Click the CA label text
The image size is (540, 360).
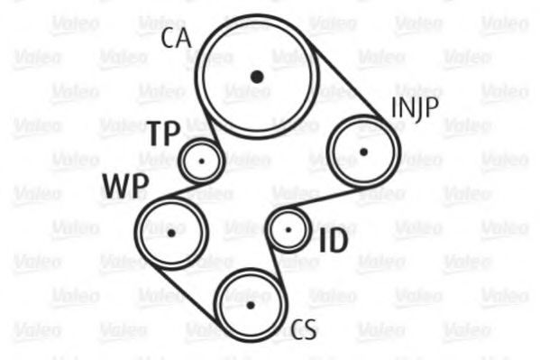click(x=176, y=38)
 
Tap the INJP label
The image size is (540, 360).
click(x=415, y=108)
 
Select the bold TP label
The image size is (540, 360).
click(x=164, y=134)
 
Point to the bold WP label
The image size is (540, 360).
click(x=125, y=186)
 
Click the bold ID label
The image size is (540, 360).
click(x=333, y=240)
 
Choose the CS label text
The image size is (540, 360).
click(x=304, y=329)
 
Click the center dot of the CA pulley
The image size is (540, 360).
click(x=257, y=77)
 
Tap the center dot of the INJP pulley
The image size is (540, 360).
click(x=363, y=152)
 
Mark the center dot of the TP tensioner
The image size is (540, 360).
click(x=202, y=161)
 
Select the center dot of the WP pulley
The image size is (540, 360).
click(x=171, y=234)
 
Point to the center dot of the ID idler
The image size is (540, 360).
click(x=288, y=230)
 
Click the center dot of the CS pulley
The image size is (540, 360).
click(x=251, y=305)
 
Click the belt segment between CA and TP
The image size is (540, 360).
click(x=211, y=127)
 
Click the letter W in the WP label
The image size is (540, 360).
click(x=115, y=186)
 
